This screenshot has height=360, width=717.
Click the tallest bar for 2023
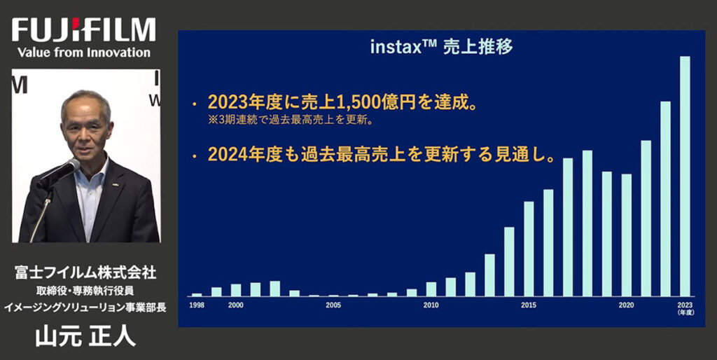685,176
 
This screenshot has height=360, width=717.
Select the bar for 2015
529,249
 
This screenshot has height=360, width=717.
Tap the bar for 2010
431,289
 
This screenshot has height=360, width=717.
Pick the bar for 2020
627,235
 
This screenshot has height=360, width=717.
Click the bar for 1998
197,295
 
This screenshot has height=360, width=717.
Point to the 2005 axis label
333,305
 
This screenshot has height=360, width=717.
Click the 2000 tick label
236,305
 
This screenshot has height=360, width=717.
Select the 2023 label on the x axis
685,305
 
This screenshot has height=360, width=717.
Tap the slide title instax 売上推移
441,47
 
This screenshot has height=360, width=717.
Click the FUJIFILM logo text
84,30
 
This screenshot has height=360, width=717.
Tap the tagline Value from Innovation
84,52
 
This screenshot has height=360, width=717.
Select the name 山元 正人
85,337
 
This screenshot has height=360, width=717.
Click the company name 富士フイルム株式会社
85,273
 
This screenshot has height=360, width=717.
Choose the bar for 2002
274,289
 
